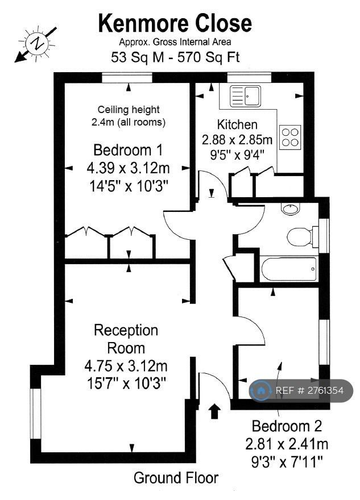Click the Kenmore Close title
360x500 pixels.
point(175,23)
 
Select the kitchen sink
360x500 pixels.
point(246,96)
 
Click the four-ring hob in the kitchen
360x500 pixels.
point(290,137)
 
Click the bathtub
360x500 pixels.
point(289,269)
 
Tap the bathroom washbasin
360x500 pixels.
point(290,209)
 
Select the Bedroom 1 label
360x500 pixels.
point(128,150)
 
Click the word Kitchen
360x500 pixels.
point(237,124)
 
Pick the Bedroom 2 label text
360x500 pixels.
point(287,426)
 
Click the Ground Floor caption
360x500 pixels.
point(176,478)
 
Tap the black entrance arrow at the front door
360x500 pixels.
point(215,411)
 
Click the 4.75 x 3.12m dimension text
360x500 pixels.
point(126,366)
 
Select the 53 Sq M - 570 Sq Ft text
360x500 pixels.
point(175,57)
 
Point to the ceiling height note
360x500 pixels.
point(129,116)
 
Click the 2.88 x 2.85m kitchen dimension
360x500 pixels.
point(237,140)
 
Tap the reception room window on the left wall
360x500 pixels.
point(36,413)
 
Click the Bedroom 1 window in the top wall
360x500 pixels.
point(127,78)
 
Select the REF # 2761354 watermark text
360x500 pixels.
point(309,390)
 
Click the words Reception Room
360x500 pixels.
point(126,339)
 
